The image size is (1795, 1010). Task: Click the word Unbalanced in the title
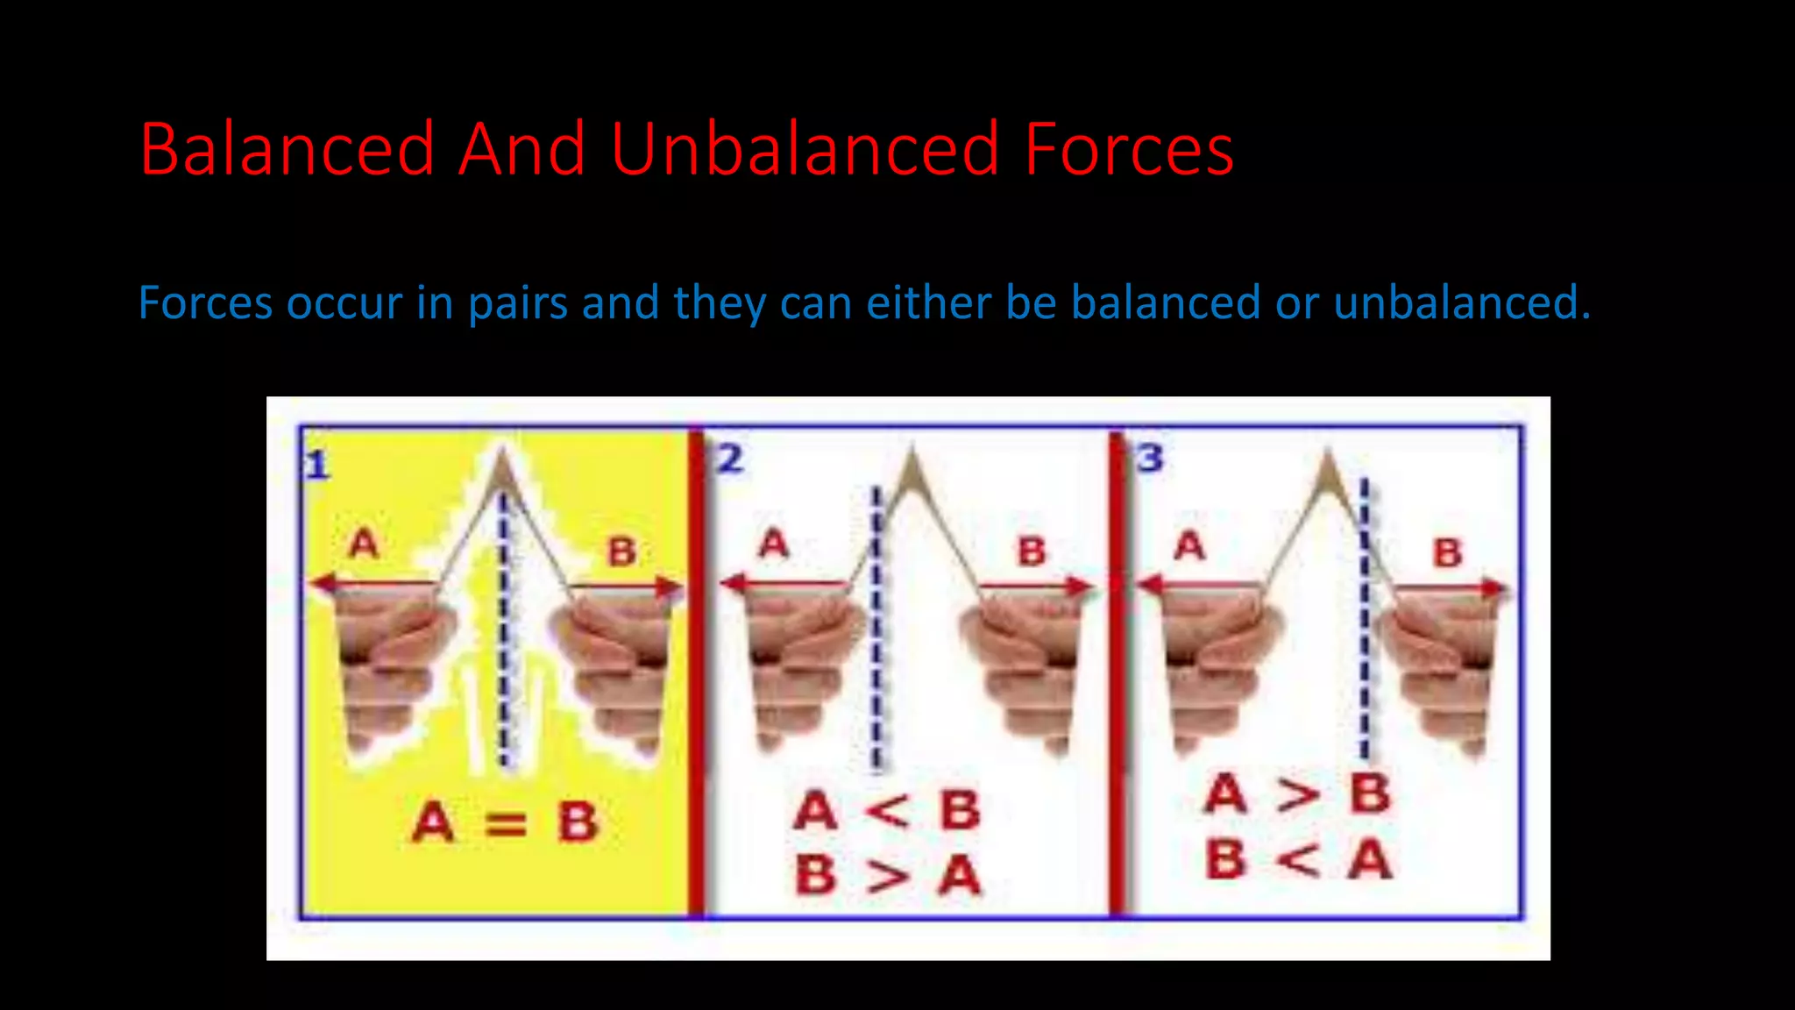click(x=804, y=149)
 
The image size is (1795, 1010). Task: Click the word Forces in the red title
click(x=1129, y=149)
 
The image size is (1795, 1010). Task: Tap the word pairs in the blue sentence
click(x=518, y=304)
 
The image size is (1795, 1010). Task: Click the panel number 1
click(x=317, y=465)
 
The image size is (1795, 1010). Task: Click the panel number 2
click(x=730, y=459)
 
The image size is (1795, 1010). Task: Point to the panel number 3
click(x=1150, y=458)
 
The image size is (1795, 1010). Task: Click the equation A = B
click(x=505, y=822)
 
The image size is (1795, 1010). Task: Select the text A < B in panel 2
click(x=886, y=810)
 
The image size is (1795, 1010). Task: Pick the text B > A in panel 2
click(x=886, y=875)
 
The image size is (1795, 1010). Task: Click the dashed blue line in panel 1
click(x=503, y=631)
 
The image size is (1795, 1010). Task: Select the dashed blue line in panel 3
click(x=1365, y=631)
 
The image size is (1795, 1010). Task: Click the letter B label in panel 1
click(x=622, y=552)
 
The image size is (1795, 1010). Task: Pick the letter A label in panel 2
click(x=773, y=544)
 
